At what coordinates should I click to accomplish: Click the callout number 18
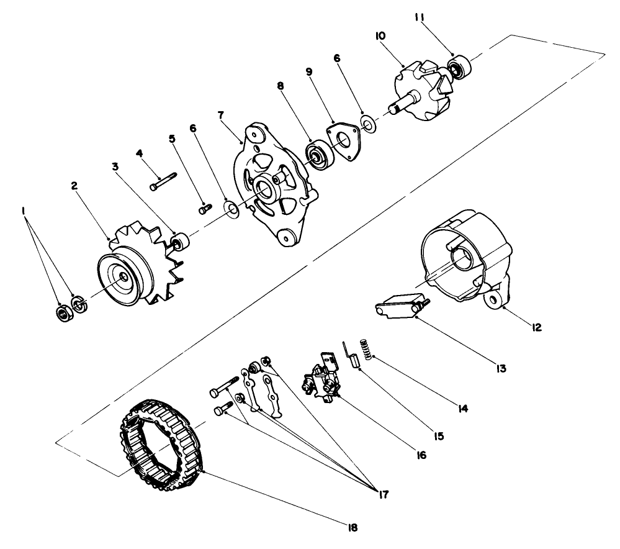[353, 527]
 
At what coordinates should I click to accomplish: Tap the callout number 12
[537, 326]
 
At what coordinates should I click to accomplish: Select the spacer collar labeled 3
[179, 241]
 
